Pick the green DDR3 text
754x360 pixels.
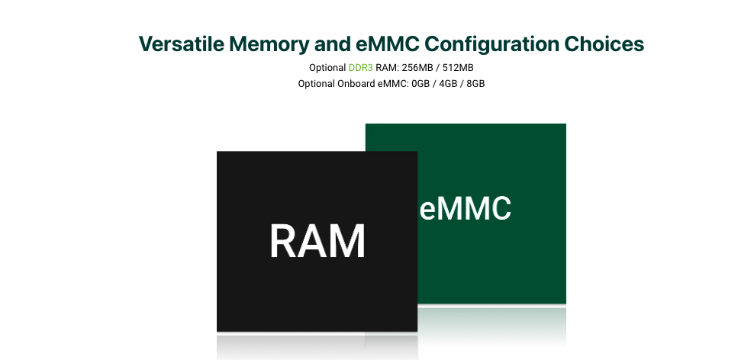(x=361, y=68)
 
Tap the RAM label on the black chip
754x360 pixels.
(x=317, y=241)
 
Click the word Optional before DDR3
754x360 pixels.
(x=327, y=68)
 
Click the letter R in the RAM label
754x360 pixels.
(x=284, y=241)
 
